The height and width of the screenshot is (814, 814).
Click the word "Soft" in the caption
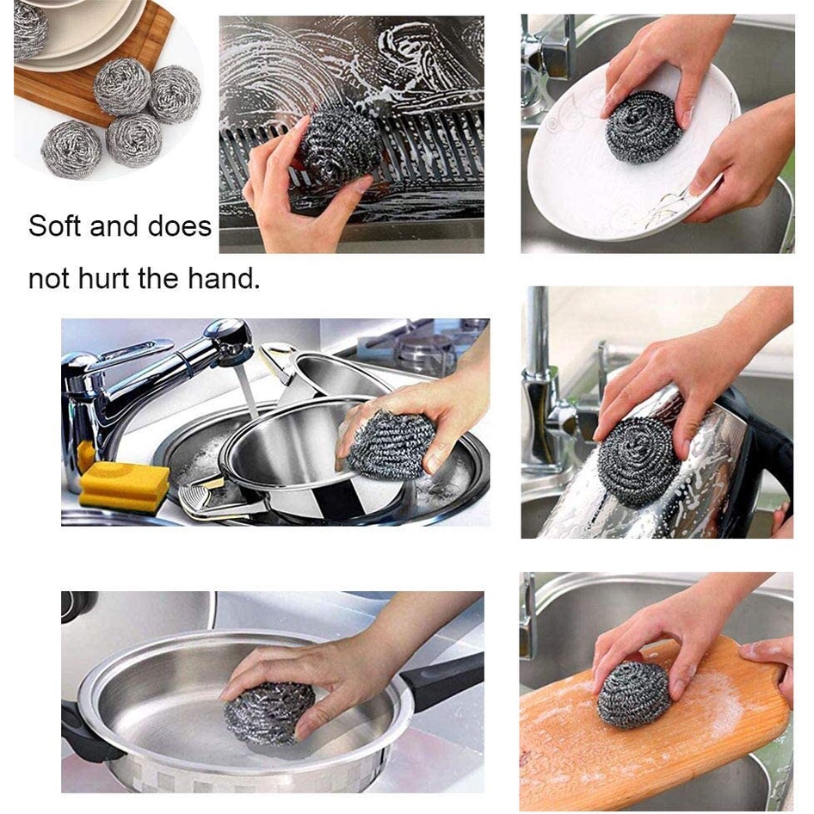[54, 226]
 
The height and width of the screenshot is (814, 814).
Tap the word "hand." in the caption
[224, 278]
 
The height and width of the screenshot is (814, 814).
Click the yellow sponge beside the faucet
[124, 484]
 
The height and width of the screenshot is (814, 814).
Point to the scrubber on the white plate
[644, 126]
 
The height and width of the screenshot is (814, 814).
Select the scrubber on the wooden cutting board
[634, 694]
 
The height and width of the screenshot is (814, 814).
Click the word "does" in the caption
[179, 226]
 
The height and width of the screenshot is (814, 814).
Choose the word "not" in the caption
[50, 279]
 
